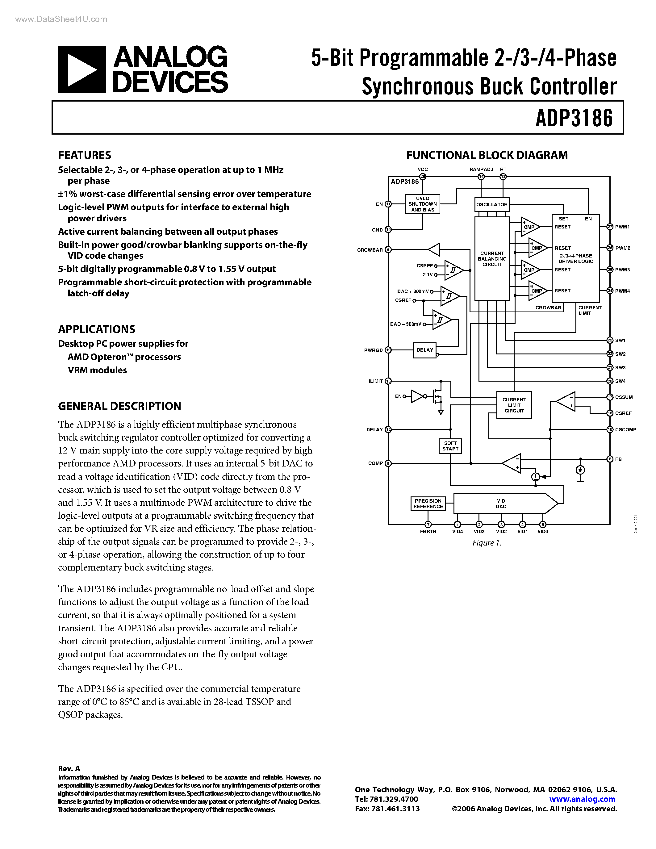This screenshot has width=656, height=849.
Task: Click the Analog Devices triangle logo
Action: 81,69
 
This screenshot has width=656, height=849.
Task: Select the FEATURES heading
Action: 84,155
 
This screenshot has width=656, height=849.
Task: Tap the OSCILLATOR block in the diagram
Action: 491,204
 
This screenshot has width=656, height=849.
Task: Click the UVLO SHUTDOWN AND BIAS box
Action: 422,204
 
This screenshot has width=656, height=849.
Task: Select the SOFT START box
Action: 450,446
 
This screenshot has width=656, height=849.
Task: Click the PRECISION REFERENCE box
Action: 428,504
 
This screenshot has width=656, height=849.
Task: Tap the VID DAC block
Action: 501,504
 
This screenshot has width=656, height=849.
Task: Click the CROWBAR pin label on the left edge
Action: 370,250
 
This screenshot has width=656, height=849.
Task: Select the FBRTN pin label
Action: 428,531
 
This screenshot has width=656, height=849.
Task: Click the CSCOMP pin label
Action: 625,429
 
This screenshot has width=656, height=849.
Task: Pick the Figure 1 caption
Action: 487,543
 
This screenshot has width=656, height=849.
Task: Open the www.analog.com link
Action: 582,799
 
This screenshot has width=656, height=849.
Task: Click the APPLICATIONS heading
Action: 96,329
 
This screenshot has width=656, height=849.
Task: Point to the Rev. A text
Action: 69,768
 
